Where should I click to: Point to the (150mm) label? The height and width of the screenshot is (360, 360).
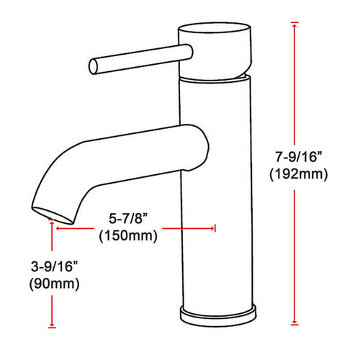[128, 234]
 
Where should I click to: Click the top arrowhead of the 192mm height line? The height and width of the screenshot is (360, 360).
[294, 27]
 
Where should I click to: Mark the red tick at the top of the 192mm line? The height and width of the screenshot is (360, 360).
[294, 22]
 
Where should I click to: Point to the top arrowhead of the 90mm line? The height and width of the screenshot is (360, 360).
[52, 225]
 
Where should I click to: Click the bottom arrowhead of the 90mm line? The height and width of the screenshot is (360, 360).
[52, 325]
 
